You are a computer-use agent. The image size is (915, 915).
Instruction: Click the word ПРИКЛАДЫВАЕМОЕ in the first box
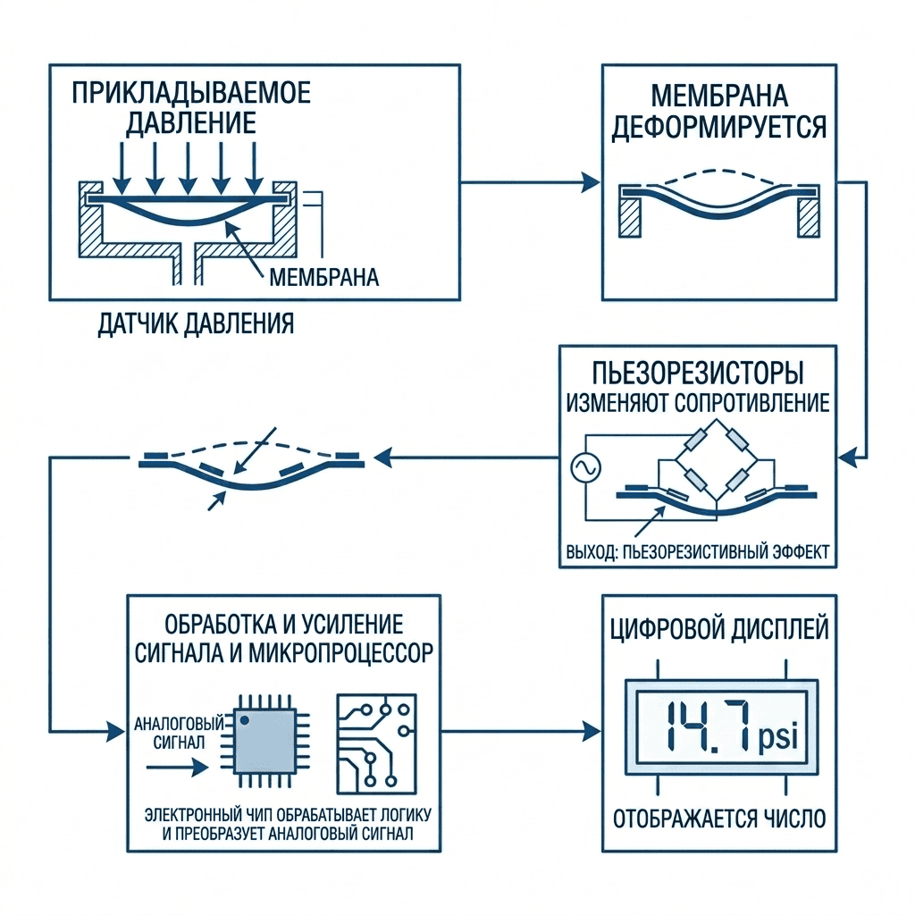pos(191,93)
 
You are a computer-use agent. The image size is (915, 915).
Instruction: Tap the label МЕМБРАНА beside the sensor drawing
pos(323,277)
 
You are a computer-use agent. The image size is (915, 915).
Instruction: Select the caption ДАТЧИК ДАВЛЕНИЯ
pos(196,323)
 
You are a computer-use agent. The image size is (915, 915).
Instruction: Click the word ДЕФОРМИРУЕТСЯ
pos(719,128)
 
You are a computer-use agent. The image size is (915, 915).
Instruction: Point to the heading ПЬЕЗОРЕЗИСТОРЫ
pos(698,374)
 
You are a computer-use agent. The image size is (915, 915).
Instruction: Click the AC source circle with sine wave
pos(585,466)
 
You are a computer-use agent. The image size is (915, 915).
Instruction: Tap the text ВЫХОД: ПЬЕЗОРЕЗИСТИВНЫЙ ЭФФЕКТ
pos(698,552)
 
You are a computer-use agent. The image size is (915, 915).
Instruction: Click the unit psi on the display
pos(778,737)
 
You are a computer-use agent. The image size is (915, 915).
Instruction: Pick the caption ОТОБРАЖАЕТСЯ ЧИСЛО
pos(719,818)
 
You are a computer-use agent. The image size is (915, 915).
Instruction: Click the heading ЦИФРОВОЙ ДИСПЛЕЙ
pos(719,630)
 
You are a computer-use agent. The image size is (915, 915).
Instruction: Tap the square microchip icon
pos(264,741)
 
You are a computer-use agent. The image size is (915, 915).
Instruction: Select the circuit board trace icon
pos(377,744)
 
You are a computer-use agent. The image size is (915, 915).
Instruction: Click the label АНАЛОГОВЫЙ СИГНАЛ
pos(179,733)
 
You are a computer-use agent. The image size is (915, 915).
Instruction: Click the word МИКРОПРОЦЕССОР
pos(341,653)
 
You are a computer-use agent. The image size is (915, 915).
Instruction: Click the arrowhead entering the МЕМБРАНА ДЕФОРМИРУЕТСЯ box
pos(591,182)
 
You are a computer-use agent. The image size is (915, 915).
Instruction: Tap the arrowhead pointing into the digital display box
pos(592,731)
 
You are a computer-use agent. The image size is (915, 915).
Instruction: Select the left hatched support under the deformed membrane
pos(630,217)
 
